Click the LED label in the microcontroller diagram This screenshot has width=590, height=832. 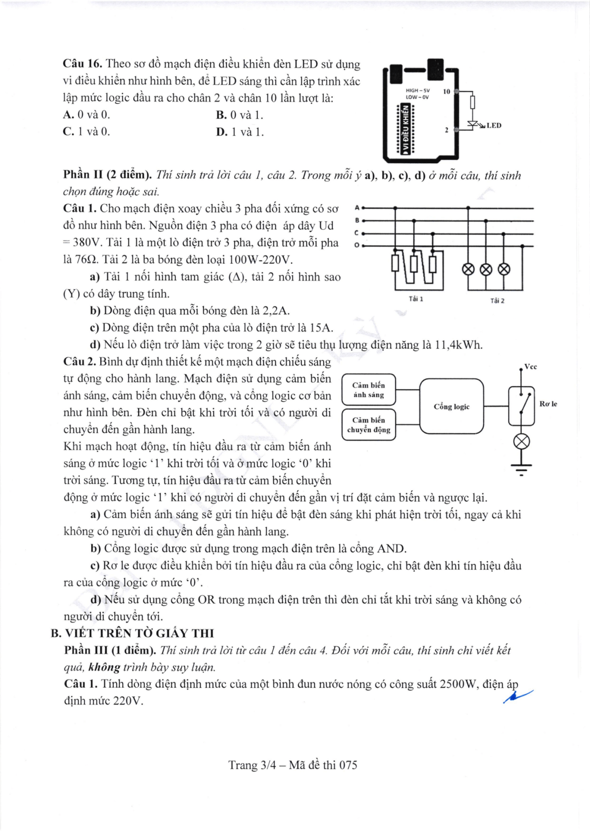coord(494,125)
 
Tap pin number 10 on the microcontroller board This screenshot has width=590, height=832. coord(446,92)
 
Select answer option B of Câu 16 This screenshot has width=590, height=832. coord(239,115)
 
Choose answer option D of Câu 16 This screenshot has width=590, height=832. coord(240,132)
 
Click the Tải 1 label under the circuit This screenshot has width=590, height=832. coord(416,299)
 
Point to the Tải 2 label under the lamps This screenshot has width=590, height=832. coord(497,300)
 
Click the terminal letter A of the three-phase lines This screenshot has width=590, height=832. coord(357,208)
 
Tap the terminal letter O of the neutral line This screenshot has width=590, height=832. coord(357,246)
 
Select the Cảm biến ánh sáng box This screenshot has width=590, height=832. coord(369,390)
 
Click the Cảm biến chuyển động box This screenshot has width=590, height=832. coord(369,425)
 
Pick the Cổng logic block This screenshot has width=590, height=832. coord(451,407)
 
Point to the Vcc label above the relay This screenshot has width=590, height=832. coord(531,367)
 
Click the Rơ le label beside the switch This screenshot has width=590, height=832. coord(548,404)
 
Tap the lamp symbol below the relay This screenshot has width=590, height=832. coord(521,442)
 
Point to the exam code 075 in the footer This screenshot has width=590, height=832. coord(348,765)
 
